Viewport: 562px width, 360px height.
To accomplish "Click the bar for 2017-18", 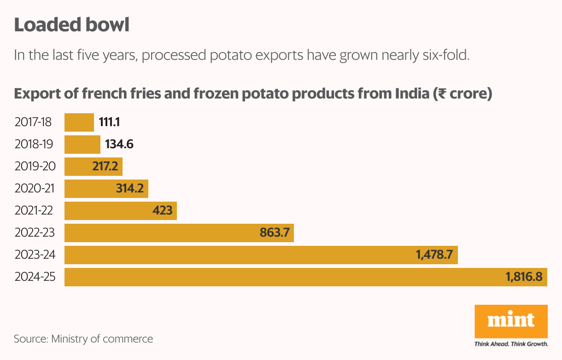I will [79, 122].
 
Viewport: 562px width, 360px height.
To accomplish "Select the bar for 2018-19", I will [82, 145].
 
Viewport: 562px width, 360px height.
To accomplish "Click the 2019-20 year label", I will [35, 167].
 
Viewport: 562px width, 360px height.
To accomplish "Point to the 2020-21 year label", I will [35, 189].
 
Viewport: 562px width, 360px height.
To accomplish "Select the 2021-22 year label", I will [34, 211].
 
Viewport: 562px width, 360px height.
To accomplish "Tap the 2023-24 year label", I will [35, 255].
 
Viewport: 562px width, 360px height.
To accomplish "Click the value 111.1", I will [110, 122].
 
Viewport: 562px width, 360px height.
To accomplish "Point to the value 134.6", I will [119, 145].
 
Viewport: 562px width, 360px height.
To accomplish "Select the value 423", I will [162, 211].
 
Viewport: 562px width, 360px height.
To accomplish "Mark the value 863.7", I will [275, 233].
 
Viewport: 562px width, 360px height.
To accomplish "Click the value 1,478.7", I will [434, 255].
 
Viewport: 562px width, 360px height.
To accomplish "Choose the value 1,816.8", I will [523, 277].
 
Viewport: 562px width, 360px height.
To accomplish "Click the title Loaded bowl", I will [71, 25].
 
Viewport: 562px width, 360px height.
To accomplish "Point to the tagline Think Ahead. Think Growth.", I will [511, 344].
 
